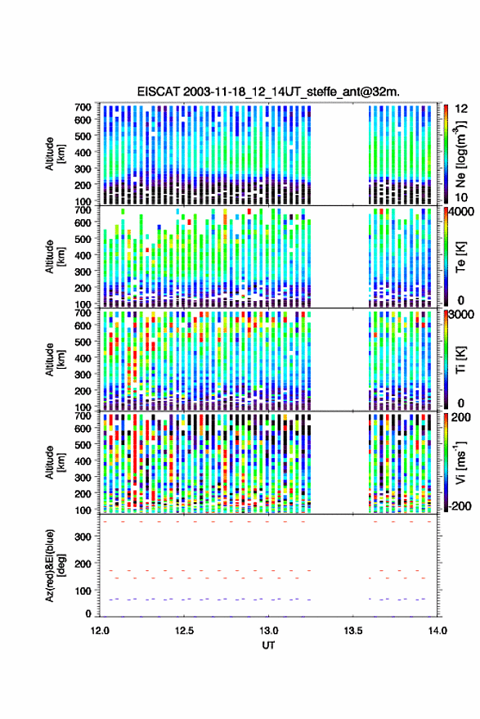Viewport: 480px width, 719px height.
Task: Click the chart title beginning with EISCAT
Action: pos(268,92)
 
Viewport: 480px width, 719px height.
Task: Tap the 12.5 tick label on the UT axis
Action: pos(184,631)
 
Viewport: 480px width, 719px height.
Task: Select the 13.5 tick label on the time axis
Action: pos(353,631)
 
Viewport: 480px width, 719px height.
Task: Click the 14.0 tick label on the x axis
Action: pos(437,631)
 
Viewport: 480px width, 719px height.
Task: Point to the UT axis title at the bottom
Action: pos(268,645)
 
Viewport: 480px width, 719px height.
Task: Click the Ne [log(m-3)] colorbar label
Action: pos(460,154)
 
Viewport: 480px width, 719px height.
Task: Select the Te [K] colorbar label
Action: pos(460,257)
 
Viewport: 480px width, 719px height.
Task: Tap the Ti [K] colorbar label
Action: pos(460,360)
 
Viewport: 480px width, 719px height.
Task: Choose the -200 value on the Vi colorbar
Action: pos(460,506)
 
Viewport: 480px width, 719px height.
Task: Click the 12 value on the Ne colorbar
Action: pos(462,109)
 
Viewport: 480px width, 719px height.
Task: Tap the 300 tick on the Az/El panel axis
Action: pos(83,537)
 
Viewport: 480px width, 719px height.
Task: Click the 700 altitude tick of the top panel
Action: pos(83,107)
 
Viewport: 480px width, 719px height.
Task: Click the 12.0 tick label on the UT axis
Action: pos(100,631)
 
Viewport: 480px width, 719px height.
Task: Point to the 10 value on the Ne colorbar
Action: pos(462,198)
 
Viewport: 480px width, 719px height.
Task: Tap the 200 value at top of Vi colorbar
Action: pos(460,417)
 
